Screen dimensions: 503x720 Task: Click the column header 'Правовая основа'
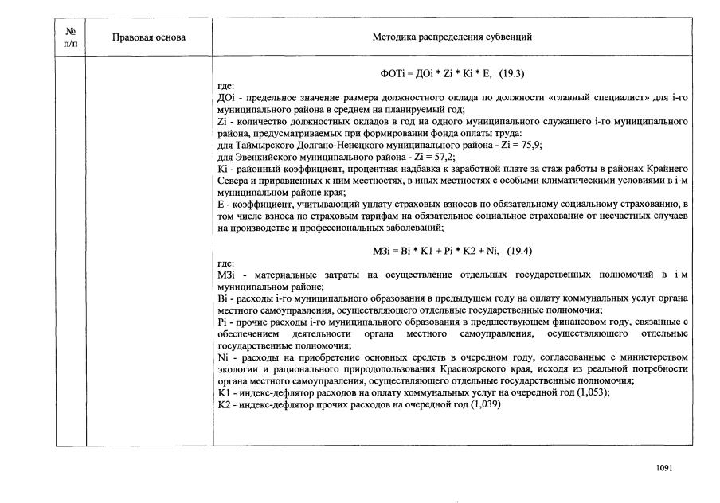[x=149, y=37]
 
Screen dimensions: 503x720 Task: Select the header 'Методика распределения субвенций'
[x=452, y=37]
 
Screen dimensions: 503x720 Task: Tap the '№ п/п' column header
[x=71, y=37]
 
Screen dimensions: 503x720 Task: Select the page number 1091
[x=664, y=468]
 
